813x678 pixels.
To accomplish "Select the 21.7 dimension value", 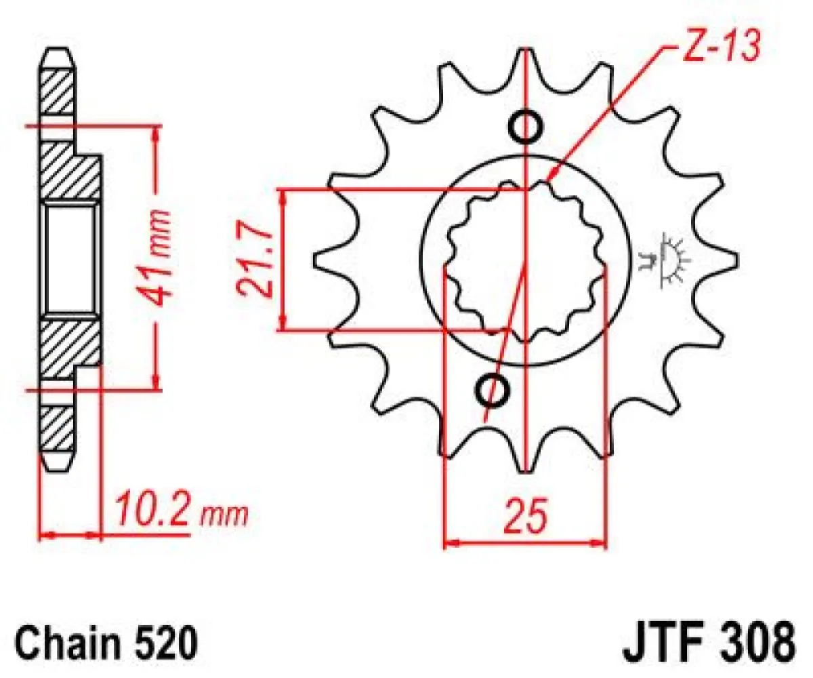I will (255, 261).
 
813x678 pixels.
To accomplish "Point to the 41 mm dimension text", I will (157, 258).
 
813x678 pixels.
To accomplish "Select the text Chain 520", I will (108, 641).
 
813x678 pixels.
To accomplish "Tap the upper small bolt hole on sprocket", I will (526, 126).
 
